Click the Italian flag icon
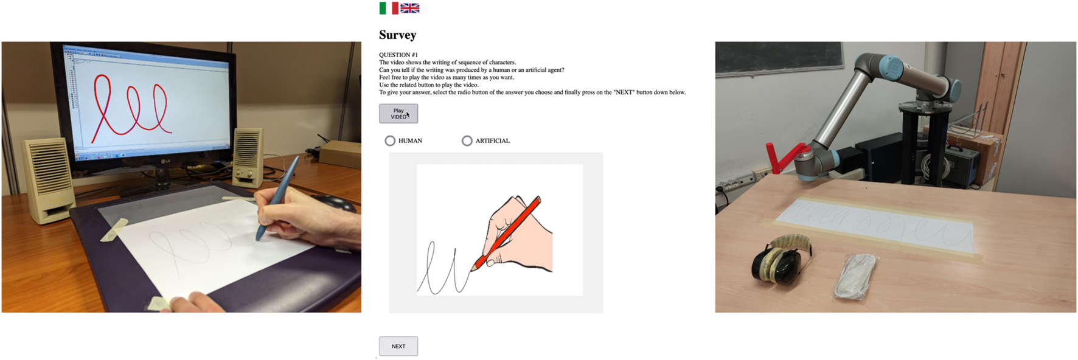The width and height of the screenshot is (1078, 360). [x=389, y=8]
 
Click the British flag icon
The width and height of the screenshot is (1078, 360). [x=410, y=8]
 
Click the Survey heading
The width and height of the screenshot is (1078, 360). [x=398, y=35]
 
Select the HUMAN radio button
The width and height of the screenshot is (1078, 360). [x=390, y=141]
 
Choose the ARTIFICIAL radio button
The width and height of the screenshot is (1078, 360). [x=467, y=141]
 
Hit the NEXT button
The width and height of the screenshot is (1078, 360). [x=398, y=346]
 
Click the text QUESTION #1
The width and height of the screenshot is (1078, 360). [x=398, y=55]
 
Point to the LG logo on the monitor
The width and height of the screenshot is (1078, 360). [x=165, y=161]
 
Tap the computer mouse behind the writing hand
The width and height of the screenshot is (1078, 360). [x=332, y=202]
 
